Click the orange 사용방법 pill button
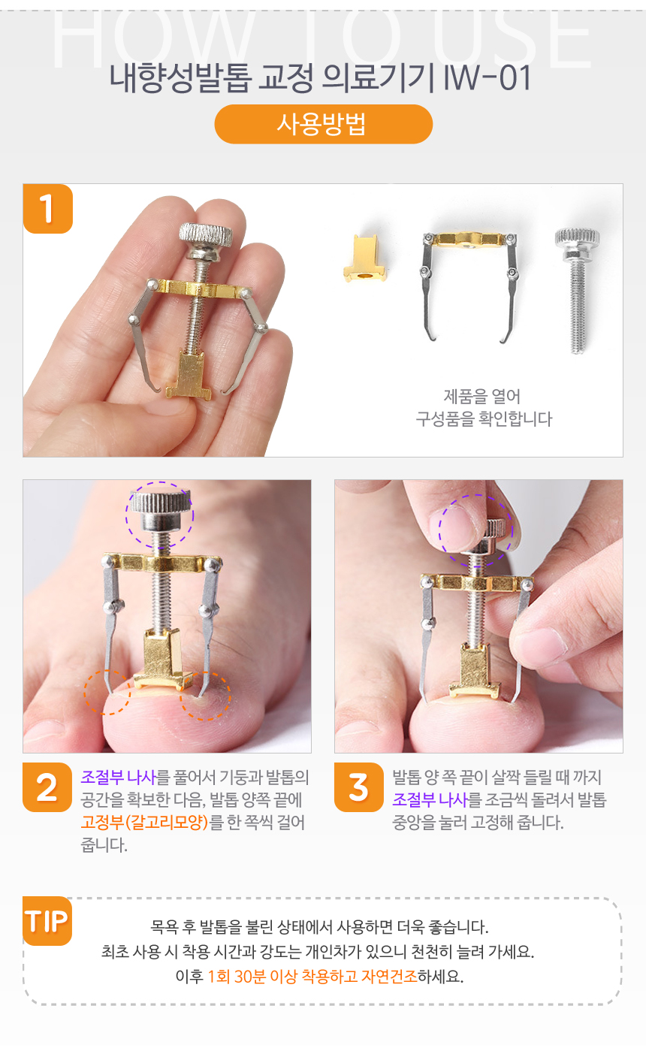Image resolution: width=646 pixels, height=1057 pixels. (323, 124)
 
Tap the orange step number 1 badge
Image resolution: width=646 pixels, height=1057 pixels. (47, 209)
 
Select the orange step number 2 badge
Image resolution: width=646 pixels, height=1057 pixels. (47, 787)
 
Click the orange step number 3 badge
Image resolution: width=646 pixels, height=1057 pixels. (358, 787)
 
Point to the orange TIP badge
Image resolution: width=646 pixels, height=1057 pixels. (47, 920)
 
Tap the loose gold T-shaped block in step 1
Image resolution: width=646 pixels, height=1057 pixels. (365, 258)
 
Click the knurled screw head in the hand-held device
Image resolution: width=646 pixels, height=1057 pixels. (206, 234)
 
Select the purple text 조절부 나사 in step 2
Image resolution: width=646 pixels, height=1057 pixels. (118, 778)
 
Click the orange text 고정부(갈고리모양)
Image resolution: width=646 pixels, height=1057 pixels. (144, 823)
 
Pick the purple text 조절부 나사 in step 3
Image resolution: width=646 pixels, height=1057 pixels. (430, 800)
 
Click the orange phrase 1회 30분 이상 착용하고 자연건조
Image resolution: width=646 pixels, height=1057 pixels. (312, 977)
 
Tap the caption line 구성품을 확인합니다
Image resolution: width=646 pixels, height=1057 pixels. (484, 419)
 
